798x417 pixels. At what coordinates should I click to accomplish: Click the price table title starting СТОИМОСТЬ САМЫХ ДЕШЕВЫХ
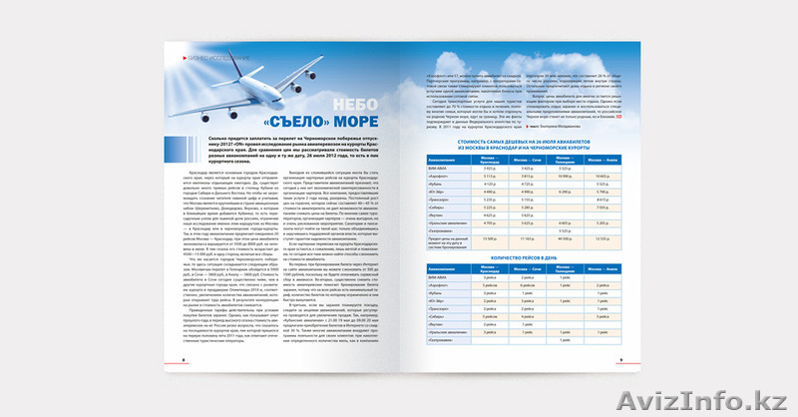point(524,146)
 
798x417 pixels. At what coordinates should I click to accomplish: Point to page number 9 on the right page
point(620,361)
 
